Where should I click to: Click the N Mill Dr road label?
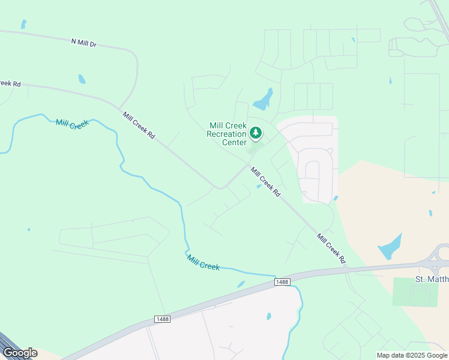[83, 43]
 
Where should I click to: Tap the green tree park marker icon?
[256, 133]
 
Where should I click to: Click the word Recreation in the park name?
[226, 134]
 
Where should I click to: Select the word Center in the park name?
[234, 142]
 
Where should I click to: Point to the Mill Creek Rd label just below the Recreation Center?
[265, 182]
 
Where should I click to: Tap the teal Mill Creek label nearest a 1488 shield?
[203, 262]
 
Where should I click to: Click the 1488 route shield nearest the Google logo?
[161, 319]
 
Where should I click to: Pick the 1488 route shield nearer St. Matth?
[282, 281]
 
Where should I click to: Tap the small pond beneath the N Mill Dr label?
[82, 79]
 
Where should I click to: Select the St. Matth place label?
[432, 279]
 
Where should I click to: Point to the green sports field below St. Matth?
[415, 292]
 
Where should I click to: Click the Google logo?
[20, 353]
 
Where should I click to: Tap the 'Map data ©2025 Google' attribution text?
[411, 355]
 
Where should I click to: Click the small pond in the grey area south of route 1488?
[268, 316]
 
